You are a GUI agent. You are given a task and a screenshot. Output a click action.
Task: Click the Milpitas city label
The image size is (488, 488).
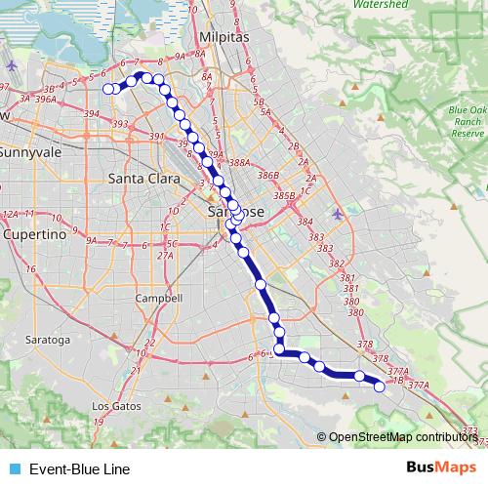pyautogui.click(x=224, y=36)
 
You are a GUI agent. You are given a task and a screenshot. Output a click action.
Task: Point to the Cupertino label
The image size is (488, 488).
pyautogui.click(x=33, y=235)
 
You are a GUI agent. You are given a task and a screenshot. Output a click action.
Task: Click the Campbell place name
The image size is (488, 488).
pyautogui.click(x=159, y=298)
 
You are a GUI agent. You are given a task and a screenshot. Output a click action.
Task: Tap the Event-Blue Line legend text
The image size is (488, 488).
pyautogui.click(x=78, y=469)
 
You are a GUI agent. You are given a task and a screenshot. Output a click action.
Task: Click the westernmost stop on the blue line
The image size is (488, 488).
pyautogui.click(x=108, y=89)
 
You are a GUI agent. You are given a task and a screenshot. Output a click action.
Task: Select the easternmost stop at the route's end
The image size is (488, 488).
pyautogui.click(x=380, y=387)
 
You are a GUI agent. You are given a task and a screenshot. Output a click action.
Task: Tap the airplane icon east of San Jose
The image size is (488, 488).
pyautogui.click(x=337, y=214)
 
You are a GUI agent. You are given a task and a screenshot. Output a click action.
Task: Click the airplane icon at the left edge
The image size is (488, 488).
pyautogui.click(x=11, y=66)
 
